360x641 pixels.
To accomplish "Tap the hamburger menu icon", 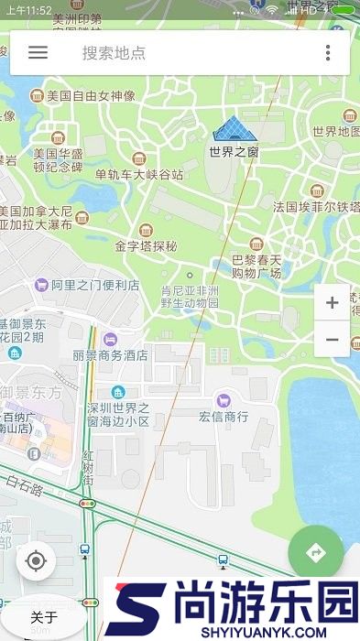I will (x=38, y=52).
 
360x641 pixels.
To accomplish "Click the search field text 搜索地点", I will (x=114, y=53).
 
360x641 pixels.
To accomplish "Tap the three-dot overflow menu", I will (x=328, y=52).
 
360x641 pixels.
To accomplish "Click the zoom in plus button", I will (x=332, y=303).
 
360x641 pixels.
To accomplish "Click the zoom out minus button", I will (x=332, y=340).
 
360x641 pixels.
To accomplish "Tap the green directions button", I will (x=316, y=552).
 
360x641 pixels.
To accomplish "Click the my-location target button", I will (x=36, y=560).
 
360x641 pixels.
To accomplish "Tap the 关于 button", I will (x=44, y=617).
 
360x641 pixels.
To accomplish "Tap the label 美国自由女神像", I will (x=91, y=95).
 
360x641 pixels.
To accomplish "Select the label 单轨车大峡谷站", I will (x=139, y=174).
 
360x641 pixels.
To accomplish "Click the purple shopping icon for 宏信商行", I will (x=224, y=399).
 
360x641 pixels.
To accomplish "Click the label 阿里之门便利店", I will (x=95, y=285).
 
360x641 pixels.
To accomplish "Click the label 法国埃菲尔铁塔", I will (x=315, y=207).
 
